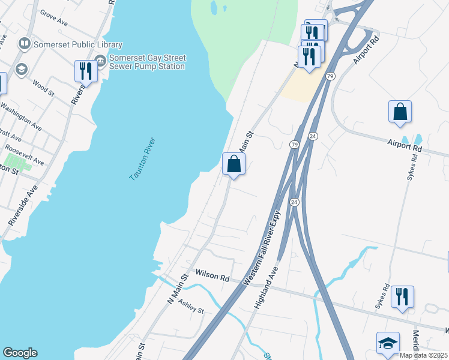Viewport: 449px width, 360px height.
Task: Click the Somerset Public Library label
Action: tap(79, 44)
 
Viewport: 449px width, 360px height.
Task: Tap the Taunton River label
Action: tap(143, 159)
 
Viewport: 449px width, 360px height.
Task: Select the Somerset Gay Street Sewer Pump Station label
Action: tap(147, 62)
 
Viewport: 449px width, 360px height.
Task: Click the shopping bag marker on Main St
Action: tap(234, 164)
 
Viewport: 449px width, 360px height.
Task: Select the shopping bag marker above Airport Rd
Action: tap(400, 112)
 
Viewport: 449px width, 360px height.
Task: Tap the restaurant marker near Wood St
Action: tap(85, 71)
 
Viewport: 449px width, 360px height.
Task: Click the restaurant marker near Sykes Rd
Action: tap(402, 297)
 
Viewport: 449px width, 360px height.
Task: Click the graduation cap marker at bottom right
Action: tap(388, 344)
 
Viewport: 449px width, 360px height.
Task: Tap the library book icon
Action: tap(25, 43)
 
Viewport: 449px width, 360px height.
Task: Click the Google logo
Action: tap(20, 353)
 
